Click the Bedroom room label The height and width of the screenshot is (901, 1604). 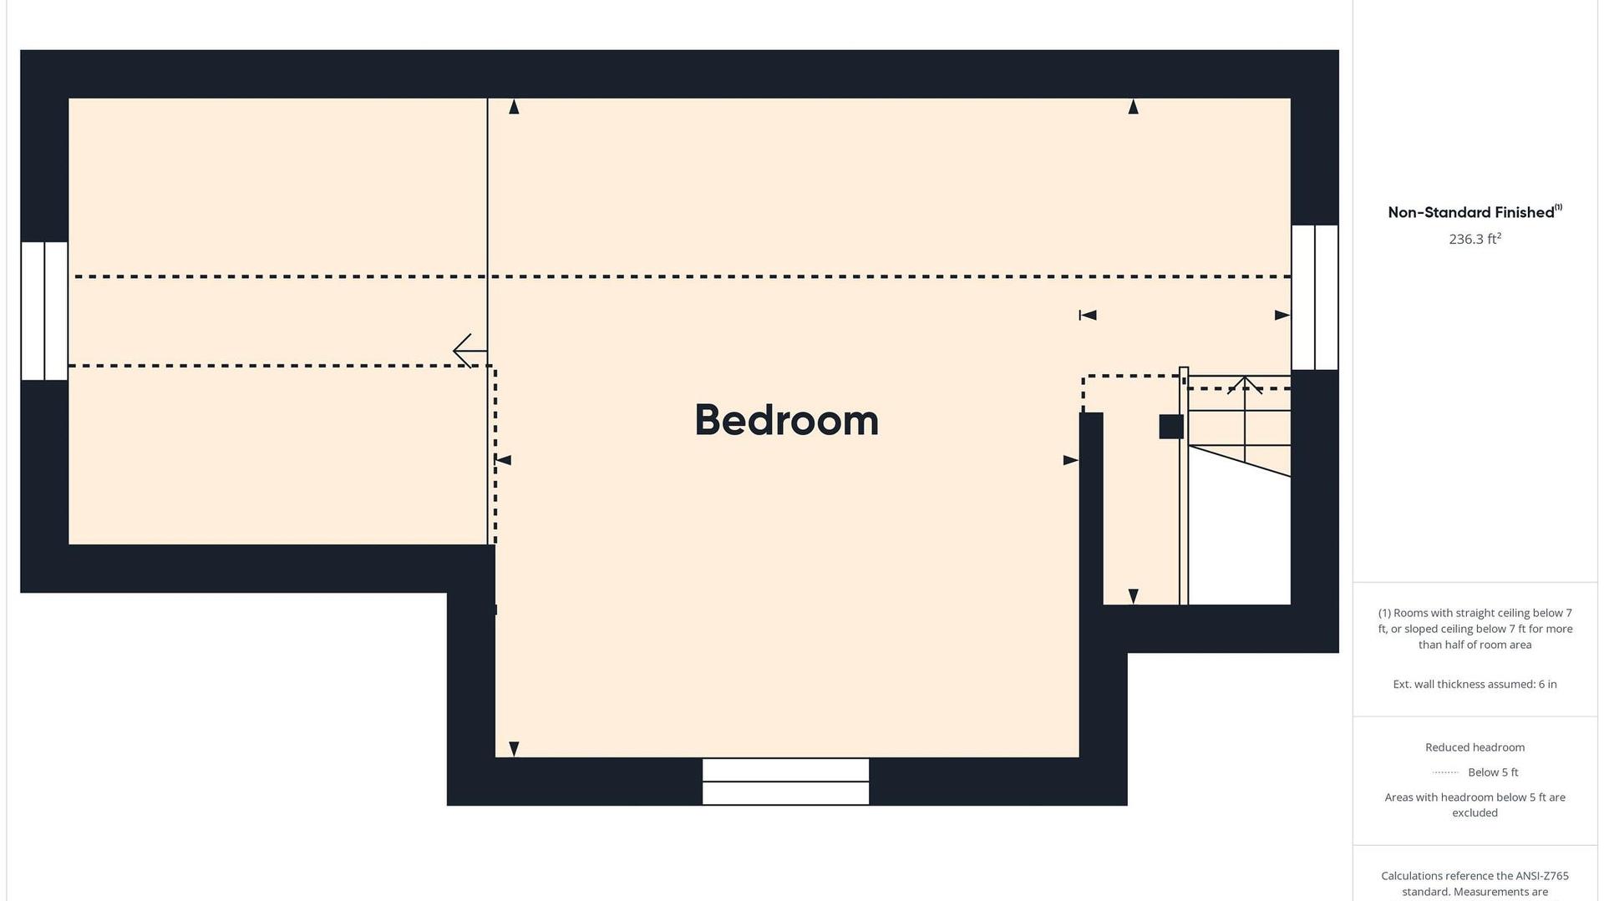tap(786, 420)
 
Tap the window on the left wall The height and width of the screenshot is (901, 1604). tap(44, 311)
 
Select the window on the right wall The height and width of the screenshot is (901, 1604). tap(1315, 297)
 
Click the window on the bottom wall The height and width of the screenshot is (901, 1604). tap(785, 782)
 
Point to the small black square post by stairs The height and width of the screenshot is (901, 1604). tap(1171, 427)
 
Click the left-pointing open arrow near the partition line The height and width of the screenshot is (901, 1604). tap(470, 351)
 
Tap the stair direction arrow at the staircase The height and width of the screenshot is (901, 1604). tap(1245, 386)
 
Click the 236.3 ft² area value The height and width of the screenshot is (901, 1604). tap(1475, 239)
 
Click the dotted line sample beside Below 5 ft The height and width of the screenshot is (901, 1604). tap(1445, 772)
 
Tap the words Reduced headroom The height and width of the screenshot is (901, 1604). tap(1475, 747)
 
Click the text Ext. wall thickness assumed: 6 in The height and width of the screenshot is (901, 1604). tap(1475, 684)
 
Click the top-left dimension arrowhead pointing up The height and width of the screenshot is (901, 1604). tap(514, 107)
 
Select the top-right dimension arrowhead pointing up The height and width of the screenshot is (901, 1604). tap(1133, 107)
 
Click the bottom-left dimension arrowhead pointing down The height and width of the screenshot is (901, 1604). tap(514, 749)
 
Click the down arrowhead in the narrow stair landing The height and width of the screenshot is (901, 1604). tap(1133, 596)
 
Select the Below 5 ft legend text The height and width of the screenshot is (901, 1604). tap(1493, 772)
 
